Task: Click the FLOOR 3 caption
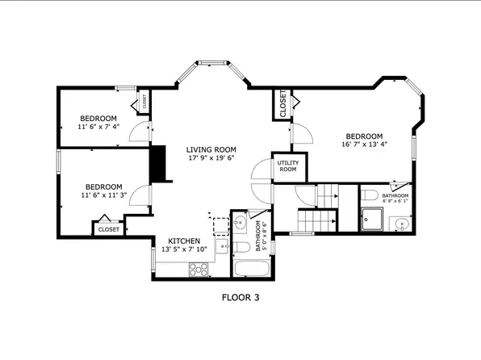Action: (x=240, y=297)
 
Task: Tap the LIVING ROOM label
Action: (x=211, y=149)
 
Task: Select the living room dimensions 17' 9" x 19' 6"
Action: (x=211, y=159)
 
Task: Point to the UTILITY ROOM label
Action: (x=288, y=166)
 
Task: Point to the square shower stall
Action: (x=373, y=219)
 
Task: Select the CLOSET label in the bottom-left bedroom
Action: (x=109, y=229)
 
